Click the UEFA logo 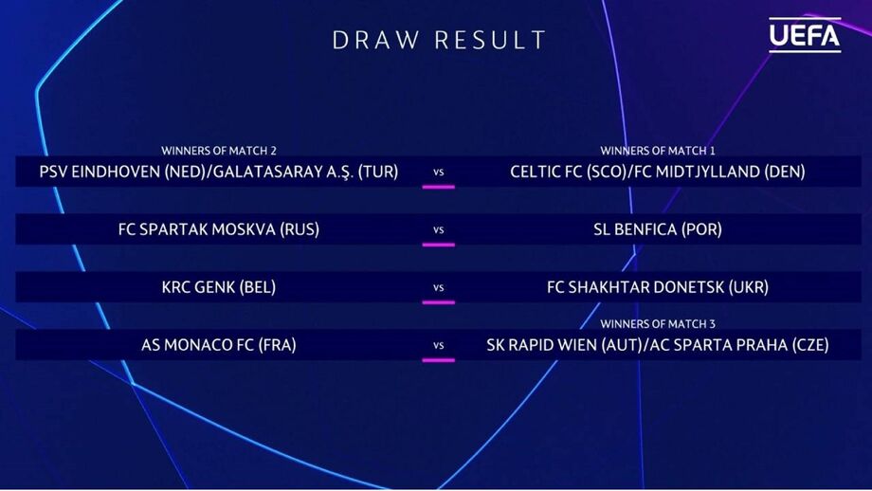[805, 35]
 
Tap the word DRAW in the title [375, 40]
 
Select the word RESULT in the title [491, 40]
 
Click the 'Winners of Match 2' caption [219, 151]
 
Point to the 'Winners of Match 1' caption [658, 151]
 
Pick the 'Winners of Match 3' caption [658, 324]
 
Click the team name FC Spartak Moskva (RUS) [219, 229]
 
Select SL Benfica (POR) [658, 229]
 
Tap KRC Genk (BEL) [219, 287]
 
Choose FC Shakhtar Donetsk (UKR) [658, 287]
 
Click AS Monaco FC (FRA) [219, 345]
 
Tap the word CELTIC [532, 172]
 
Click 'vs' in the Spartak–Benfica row [438, 229]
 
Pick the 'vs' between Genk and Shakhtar [438, 287]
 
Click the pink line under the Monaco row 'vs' [438, 360]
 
